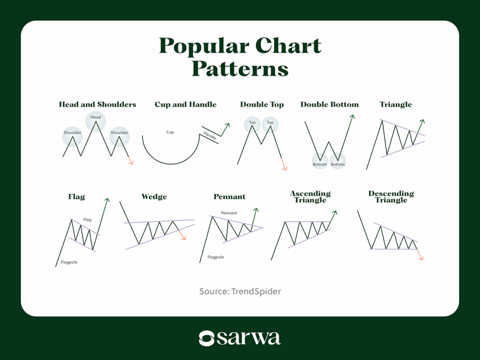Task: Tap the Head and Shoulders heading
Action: (97, 105)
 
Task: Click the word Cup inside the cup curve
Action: (170, 132)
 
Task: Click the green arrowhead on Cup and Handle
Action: (227, 125)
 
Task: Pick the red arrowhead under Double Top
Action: (284, 168)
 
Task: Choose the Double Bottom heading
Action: (330, 105)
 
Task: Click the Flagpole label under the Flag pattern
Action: (69, 262)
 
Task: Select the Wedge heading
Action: (154, 197)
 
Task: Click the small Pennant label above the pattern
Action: (229, 213)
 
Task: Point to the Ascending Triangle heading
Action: (310, 197)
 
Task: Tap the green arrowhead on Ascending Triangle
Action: (335, 213)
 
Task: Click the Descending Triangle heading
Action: (391, 197)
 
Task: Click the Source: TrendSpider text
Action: (240, 292)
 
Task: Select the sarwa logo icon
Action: (207, 338)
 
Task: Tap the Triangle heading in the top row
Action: (396, 105)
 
